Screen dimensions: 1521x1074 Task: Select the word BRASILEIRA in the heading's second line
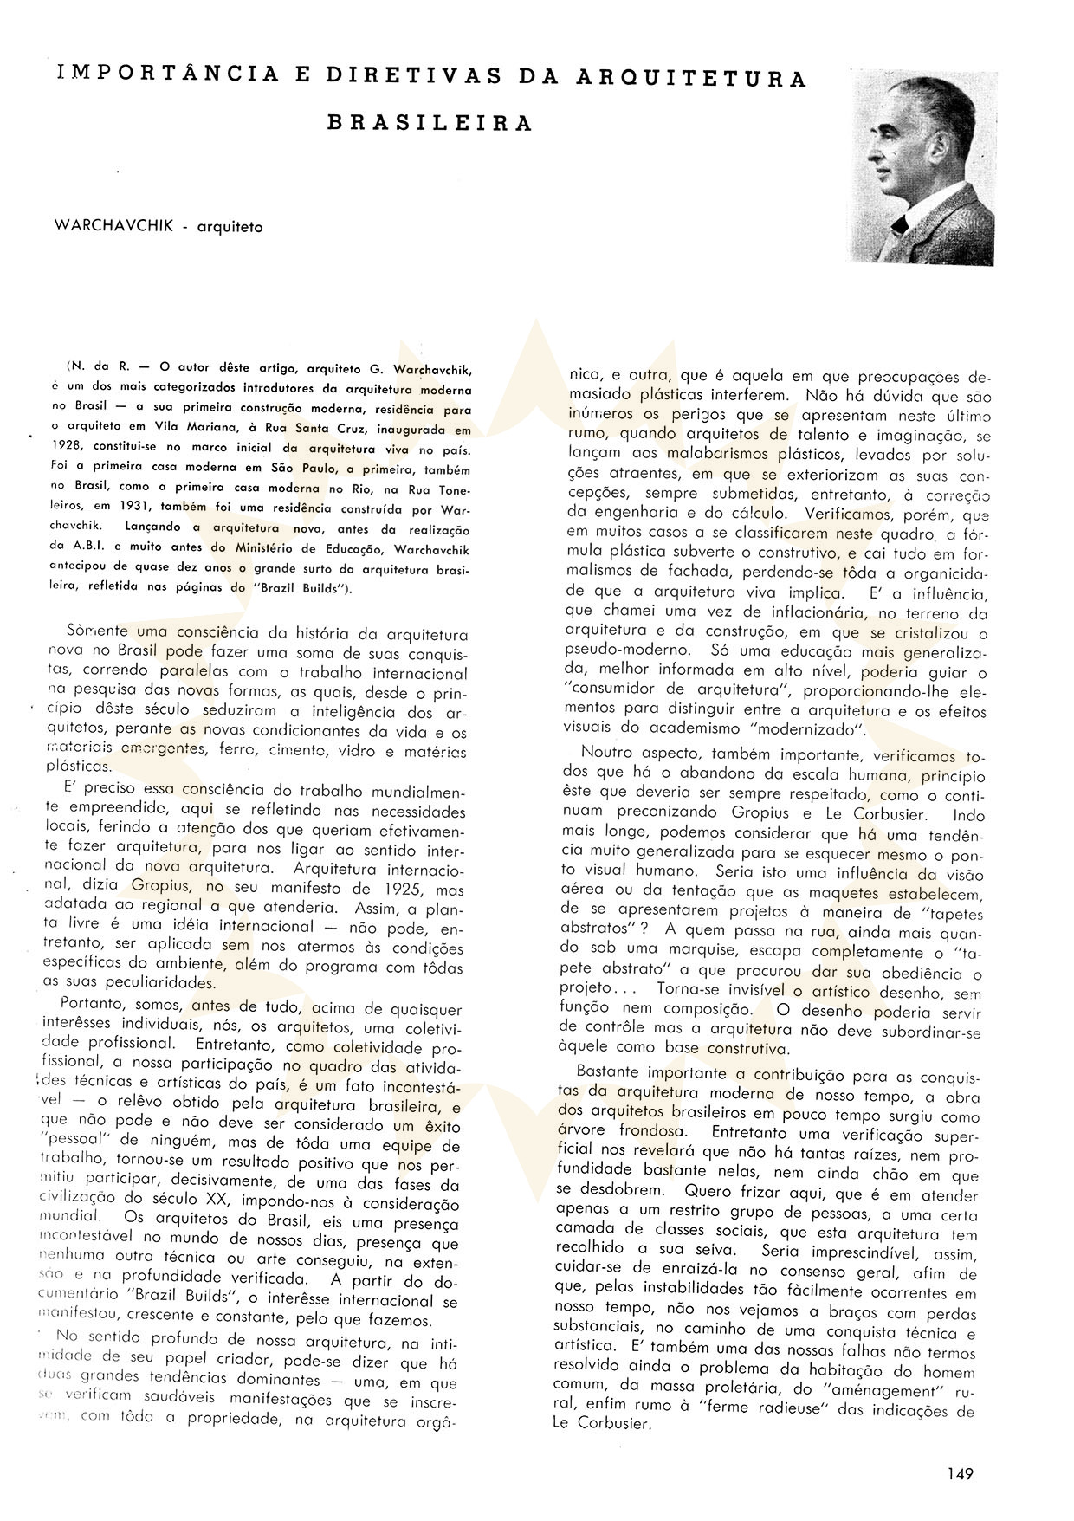tap(430, 123)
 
